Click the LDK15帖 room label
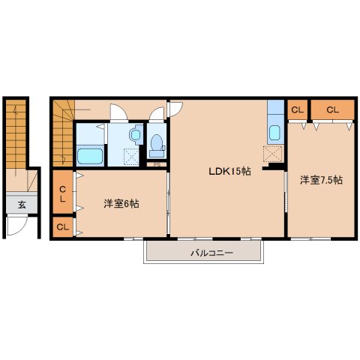click(229, 171)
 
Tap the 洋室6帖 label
click(121, 204)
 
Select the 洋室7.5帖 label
click(321, 180)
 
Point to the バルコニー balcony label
click(212, 253)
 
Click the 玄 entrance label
click(22, 205)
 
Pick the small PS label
click(157, 165)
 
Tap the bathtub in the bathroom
click(90, 156)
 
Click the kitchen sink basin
click(275, 133)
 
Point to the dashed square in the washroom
click(131, 156)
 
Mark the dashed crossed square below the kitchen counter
click(273, 154)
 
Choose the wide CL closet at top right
click(333, 109)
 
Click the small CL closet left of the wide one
click(297, 109)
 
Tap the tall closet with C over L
click(63, 192)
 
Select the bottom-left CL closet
click(63, 227)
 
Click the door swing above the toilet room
click(157, 114)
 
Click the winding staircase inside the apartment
click(64, 133)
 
